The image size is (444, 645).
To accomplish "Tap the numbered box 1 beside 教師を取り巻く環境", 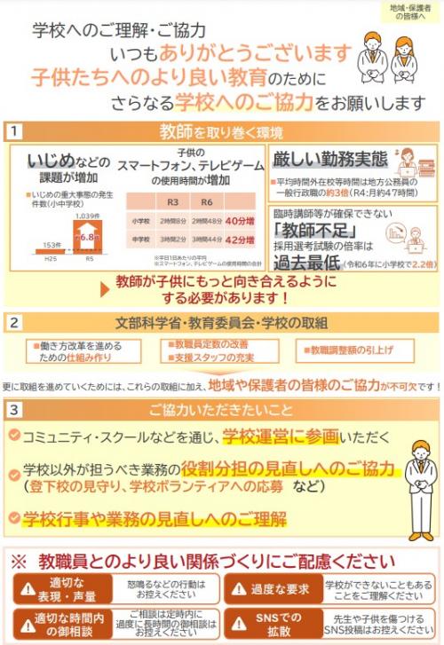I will [15, 132].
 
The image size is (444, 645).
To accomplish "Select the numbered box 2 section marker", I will [15, 320].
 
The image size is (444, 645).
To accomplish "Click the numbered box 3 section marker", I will [15, 409].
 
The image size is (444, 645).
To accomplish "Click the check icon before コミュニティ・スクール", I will [14, 436].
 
